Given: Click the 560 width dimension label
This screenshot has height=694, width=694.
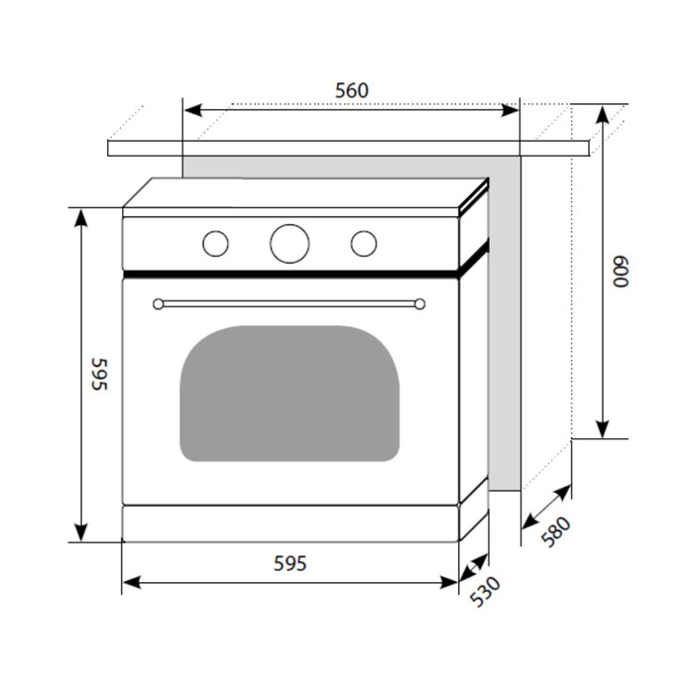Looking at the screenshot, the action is pos(351,90).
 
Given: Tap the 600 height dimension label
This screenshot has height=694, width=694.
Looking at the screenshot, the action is pos(621,272).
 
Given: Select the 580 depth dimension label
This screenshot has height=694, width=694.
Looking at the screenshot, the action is pos(556,532).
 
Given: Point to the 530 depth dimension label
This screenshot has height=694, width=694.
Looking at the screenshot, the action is pos(485,591).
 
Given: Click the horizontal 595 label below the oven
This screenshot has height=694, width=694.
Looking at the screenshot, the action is pos(289,564).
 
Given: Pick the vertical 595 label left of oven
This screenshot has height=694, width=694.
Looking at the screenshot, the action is pos(99,374).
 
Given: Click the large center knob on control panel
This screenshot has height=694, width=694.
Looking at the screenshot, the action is pos(289,244).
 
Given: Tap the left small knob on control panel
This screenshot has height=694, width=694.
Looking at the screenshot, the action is pos(215,244).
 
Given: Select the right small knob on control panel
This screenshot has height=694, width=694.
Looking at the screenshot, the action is pos(364,244).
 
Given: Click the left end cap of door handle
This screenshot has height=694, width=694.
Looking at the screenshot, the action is pos(158,304).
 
